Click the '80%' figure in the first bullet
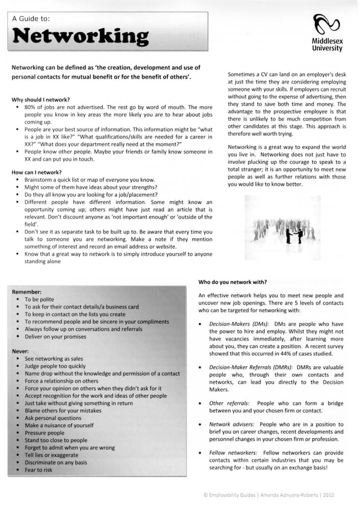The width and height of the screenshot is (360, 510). click(32, 107)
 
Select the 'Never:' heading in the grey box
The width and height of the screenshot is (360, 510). click(21, 351)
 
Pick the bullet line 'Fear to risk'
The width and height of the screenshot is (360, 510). click(38, 470)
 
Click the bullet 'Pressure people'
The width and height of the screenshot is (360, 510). click(45, 433)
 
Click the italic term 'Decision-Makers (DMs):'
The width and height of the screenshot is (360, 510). click(239, 324)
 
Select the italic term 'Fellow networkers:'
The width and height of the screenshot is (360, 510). click(233, 452)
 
